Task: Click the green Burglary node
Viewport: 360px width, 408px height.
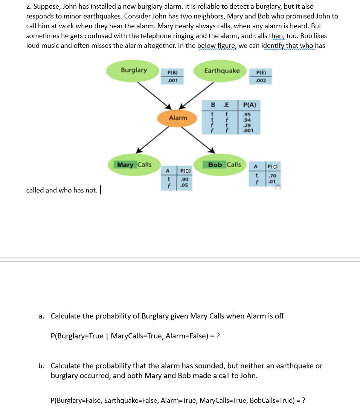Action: click(134, 70)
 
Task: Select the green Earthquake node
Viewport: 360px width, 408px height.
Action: click(221, 71)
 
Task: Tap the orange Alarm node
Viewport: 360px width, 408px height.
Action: click(178, 118)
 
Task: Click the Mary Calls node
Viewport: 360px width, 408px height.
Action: click(134, 165)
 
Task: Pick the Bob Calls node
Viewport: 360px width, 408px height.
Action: click(224, 165)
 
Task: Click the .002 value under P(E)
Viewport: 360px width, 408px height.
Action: click(261, 81)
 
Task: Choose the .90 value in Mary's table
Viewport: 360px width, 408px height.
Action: click(184, 179)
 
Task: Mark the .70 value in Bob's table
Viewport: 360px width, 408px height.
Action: click(273, 176)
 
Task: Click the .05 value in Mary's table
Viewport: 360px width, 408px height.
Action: click(184, 185)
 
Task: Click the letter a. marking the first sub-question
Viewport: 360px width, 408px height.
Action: click(41, 316)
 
